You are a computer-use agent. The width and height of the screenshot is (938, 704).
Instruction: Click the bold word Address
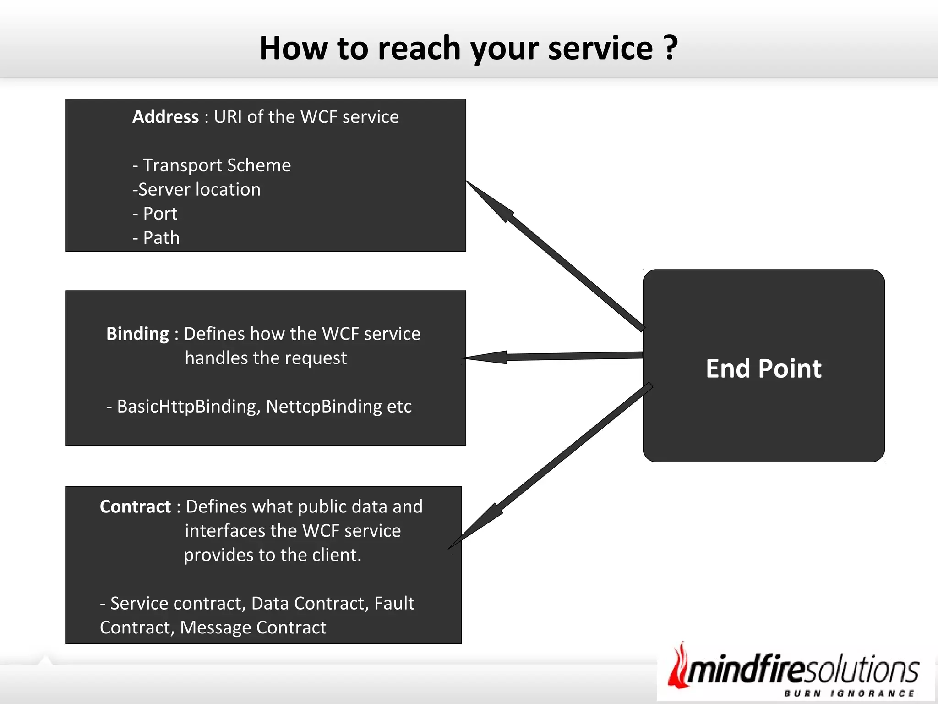click(165, 117)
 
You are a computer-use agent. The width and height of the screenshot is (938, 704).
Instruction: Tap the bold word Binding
click(137, 334)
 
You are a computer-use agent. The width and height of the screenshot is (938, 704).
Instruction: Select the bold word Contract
click(135, 506)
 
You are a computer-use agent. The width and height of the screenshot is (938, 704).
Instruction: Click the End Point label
click(763, 368)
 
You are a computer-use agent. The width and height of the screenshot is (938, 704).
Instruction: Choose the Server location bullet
click(196, 190)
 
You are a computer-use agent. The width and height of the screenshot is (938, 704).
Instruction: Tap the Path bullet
click(156, 238)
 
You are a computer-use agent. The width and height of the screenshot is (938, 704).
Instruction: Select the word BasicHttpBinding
click(188, 407)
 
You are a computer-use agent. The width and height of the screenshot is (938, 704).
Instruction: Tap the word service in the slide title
click(600, 48)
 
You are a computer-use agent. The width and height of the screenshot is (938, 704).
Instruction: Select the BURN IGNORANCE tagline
click(849, 693)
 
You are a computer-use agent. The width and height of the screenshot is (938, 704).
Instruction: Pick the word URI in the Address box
click(228, 117)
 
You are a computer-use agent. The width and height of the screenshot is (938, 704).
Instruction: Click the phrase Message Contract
click(253, 627)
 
